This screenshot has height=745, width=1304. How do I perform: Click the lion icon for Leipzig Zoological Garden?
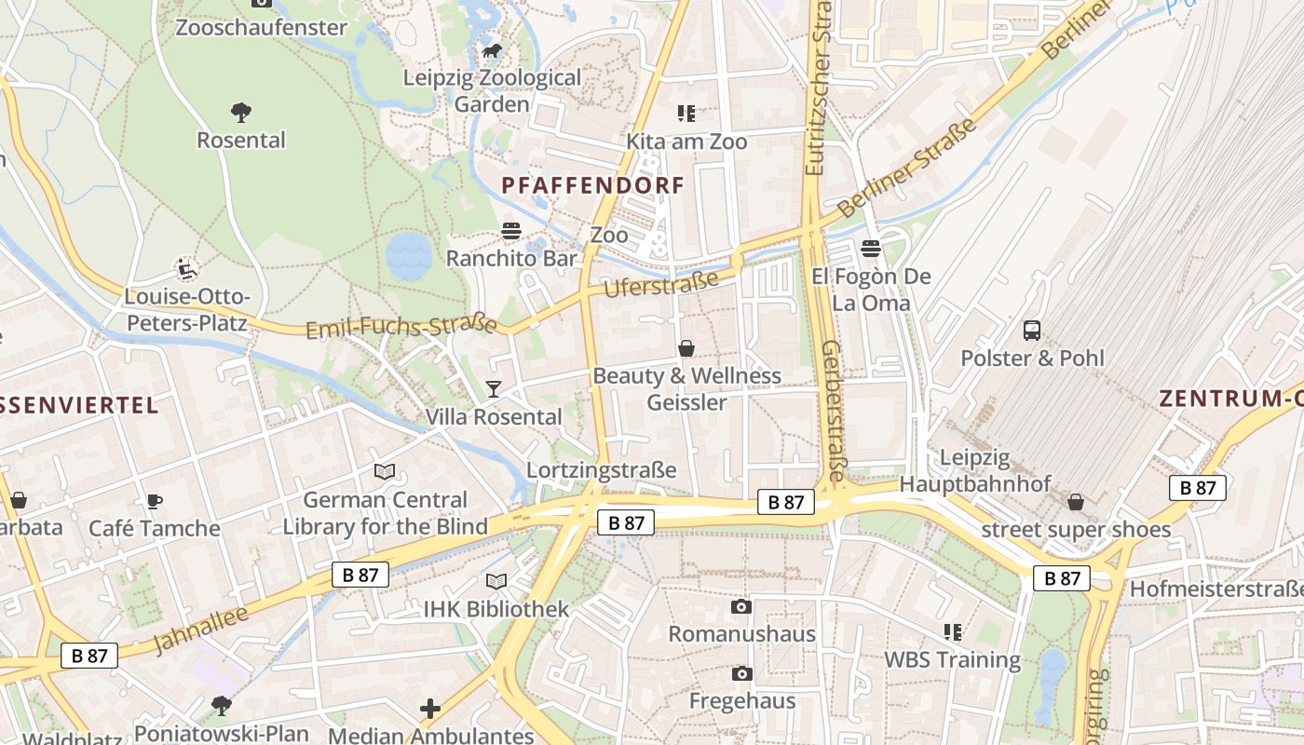[491, 50]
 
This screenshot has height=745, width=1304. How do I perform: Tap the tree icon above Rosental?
[241, 113]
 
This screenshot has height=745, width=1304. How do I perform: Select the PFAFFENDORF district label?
[593, 185]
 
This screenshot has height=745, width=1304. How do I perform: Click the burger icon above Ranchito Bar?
[510, 231]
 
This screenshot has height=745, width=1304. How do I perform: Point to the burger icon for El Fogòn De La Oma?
[871, 249]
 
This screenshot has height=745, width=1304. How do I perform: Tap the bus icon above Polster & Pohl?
[1032, 331]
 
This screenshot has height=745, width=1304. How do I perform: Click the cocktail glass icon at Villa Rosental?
[494, 388]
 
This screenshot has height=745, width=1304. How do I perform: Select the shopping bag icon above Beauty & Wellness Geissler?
[686, 348]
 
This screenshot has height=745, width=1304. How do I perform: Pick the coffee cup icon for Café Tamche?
[155, 501]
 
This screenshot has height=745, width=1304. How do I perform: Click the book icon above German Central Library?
[385, 472]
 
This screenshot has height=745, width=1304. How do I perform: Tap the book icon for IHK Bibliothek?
[496, 582]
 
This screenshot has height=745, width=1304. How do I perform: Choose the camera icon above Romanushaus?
[741, 607]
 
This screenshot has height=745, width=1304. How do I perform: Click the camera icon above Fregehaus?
[741, 673]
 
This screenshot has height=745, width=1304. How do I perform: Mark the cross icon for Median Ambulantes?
[430, 709]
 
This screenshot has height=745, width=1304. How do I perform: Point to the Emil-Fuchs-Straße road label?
[401, 327]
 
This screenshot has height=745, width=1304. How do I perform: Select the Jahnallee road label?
[200, 630]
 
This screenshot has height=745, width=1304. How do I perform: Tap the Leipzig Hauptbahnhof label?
[974, 470]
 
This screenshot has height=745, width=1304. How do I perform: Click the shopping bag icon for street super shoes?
[1076, 503]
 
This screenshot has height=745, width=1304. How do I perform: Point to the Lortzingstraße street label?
[601, 469]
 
